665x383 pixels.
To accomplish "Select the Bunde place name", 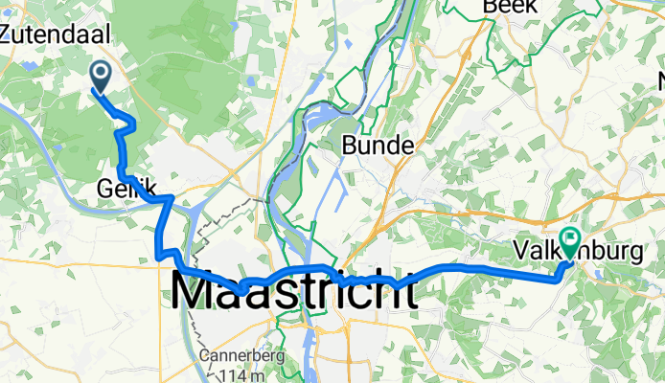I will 379,146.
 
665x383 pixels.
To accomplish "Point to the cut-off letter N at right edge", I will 659,79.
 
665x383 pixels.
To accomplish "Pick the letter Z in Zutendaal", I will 8,34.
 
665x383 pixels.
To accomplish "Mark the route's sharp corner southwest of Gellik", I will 157,256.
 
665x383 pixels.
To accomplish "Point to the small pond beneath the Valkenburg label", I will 603,272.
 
